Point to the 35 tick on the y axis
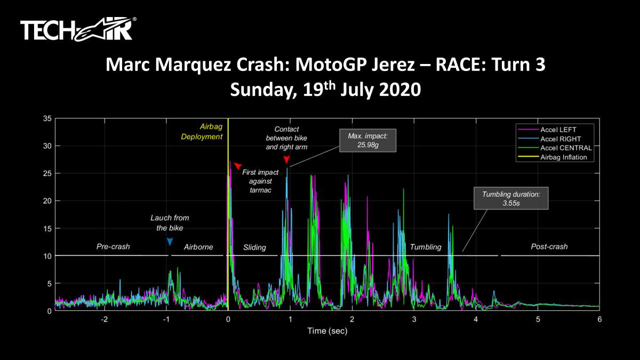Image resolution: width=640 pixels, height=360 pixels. click(x=47, y=118)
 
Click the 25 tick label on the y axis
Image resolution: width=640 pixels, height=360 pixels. click(x=47, y=173)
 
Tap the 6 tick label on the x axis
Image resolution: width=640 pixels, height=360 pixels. click(x=599, y=319)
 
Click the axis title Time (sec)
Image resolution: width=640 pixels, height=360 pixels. click(x=327, y=331)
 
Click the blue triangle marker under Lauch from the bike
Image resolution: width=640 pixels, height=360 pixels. click(x=170, y=242)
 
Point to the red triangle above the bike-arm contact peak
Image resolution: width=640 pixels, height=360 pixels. click(x=287, y=160)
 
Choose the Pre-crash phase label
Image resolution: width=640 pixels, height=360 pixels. click(x=113, y=247)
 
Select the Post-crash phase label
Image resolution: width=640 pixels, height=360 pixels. click(x=549, y=247)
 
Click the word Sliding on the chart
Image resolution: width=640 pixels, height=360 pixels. click(x=254, y=247)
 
